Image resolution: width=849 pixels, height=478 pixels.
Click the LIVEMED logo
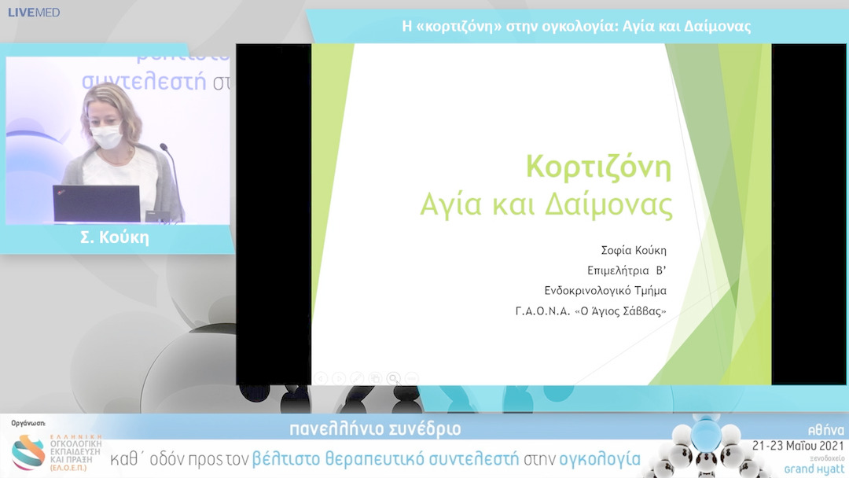(34, 13)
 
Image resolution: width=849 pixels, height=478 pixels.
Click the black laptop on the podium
(96, 204)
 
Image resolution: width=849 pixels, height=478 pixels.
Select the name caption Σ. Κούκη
(115, 238)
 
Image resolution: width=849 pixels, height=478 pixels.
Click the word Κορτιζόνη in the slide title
(598, 167)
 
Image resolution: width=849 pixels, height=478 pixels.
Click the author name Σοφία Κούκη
(633, 251)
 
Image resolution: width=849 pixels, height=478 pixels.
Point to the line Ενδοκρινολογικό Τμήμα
(605, 291)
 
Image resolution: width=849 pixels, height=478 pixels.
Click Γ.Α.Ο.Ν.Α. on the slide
(543, 311)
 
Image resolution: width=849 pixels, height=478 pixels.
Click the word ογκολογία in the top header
(576, 27)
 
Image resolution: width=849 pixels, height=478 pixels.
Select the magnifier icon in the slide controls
(393, 378)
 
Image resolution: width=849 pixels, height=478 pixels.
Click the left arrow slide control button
(321, 378)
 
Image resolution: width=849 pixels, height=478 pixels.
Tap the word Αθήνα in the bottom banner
(827, 430)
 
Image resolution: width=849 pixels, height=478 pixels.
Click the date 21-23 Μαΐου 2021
(798, 445)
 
